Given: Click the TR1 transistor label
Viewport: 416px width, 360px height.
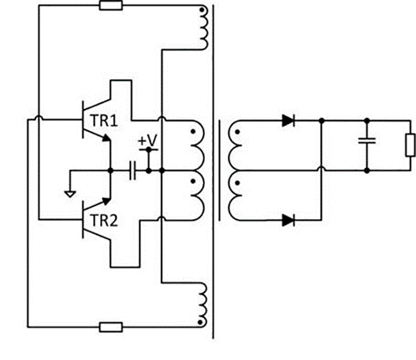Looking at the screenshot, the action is click(x=104, y=121).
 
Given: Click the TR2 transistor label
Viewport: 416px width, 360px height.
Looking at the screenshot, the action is click(x=104, y=221).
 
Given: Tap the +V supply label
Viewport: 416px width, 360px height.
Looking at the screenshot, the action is click(x=148, y=141).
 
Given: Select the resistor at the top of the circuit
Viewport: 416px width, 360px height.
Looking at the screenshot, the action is click(x=111, y=5).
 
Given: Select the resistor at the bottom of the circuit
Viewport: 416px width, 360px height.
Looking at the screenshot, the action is click(x=111, y=327).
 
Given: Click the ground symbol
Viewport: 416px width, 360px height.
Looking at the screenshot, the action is click(x=70, y=194).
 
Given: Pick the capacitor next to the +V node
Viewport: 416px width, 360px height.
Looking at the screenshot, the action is click(x=133, y=171).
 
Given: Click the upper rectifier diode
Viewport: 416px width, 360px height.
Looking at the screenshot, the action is click(x=288, y=121).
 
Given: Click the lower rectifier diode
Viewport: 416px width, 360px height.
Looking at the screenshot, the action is click(x=288, y=220).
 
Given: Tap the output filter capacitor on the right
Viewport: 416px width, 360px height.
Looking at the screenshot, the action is click(x=367, y=141).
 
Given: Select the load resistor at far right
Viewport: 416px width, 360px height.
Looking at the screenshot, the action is click(x=410, y=145).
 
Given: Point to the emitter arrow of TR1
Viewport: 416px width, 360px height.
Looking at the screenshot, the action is click(x=106, y=137).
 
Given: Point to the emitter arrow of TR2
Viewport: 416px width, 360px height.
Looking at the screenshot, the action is click(x=106, y=201).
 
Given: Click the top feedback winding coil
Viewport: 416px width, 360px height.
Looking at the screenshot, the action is click(x=203, y=28).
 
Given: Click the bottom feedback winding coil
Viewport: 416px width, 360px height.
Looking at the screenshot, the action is click(x=203, y=305).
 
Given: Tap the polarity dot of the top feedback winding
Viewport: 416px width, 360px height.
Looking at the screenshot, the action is click(x=201, y=10).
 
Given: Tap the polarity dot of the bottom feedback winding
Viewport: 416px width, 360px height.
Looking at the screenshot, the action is click(x=201, y=322).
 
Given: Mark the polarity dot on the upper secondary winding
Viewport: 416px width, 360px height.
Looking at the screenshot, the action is click(x=237, y=132).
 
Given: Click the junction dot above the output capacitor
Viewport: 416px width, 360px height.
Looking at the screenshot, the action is click(x=367, y=121).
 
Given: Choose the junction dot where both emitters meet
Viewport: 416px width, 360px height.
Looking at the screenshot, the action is click(x=111, y=171).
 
